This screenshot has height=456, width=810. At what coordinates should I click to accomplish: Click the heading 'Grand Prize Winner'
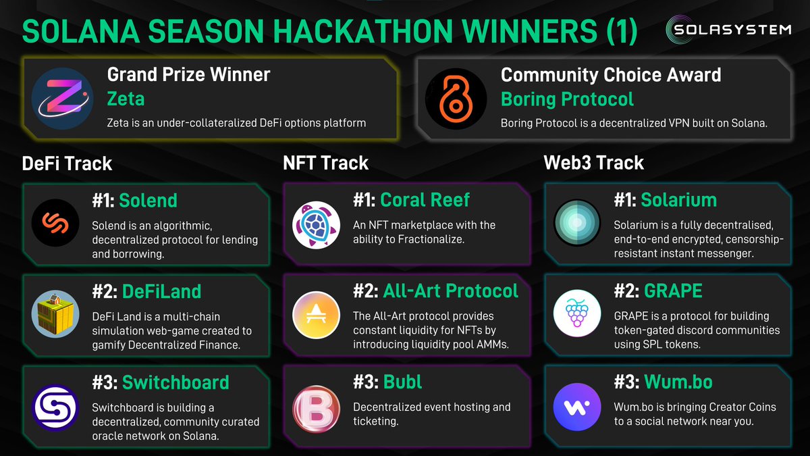tap(188, 74)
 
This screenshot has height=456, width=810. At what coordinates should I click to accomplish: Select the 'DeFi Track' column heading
tap(67, 163)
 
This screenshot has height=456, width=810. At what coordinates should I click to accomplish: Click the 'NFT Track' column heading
tap(325, 163)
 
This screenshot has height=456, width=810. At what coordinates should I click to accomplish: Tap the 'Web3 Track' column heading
tap(593, 163)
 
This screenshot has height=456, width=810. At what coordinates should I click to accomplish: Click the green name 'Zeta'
tap(126, 99)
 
